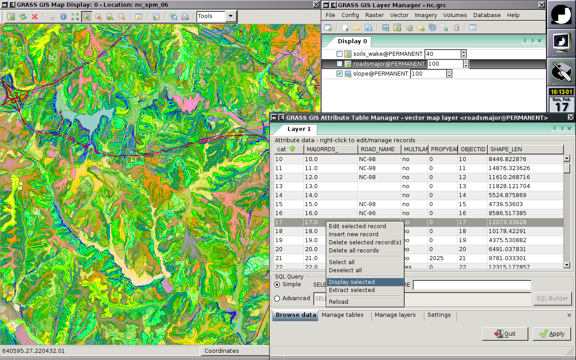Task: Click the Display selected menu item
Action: click(x=351, y=282)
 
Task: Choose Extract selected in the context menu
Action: click(x=351, y=290)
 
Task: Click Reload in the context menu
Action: click(x=338, y=302)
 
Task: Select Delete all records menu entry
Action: click(x=354, y=251)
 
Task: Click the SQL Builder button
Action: click(x=552, y=298)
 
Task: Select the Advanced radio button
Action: click(x=277, y=298)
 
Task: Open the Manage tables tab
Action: click(x=342, y=315)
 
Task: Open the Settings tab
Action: click(x=439, y=315)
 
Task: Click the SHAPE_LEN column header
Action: click(x=525, y=149)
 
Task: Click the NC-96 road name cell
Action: click(x=367, y=213)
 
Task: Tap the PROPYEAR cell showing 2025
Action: click(x=436, y=258)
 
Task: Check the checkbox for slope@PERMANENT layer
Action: click(x=340, y=74)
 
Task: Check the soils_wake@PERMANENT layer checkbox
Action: click(x=340, y=54)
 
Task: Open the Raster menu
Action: click(x=374, y=15)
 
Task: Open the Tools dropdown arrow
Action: click(x=231, y=16)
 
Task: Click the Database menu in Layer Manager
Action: click(x=486, y=15)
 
